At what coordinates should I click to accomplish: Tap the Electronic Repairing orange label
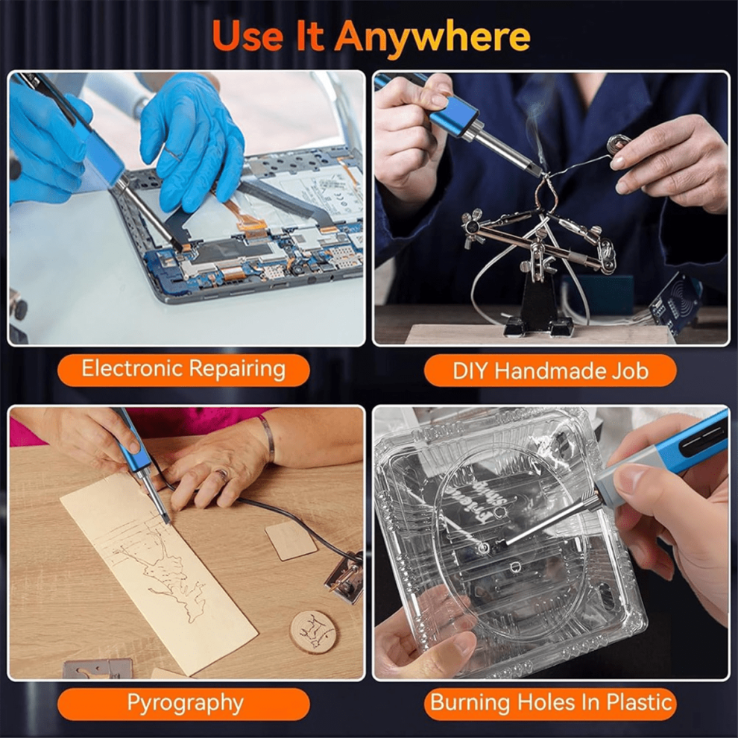[183, 370]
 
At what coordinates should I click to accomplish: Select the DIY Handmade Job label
[550, 370]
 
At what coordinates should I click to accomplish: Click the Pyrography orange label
[183, 704]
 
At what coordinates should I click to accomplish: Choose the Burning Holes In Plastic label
[550, 704]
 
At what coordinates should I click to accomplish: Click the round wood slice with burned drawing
[313, 631]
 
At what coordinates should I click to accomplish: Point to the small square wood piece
[291, 540]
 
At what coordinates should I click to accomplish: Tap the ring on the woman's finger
[223, 476]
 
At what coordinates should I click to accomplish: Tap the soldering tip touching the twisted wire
[537, 171]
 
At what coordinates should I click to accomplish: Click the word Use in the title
[247, 37]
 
